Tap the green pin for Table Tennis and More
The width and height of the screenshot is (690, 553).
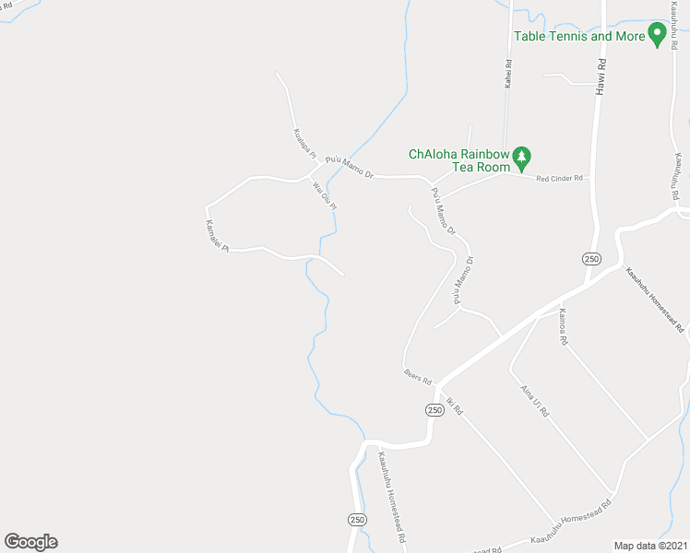(x=657, y=34)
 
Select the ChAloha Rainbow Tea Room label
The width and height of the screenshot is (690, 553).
(x=459, y=160)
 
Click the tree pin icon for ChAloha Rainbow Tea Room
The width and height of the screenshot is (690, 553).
(x=521, y=158)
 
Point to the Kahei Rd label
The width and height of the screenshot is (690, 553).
(x=507, y=74)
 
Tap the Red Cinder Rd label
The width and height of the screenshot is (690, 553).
(x=561, y=178)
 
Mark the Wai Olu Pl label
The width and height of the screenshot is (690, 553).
(x=325, y=197)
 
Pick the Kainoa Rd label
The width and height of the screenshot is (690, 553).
(x=562, y=328)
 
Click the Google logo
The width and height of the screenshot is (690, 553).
(x=30, y=542)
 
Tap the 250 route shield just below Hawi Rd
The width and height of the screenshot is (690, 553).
(x=592, y=259)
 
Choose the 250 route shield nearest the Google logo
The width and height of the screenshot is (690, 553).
(x=357, y=520)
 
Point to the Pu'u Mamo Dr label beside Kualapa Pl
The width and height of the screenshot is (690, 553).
(x=349, y=169)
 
